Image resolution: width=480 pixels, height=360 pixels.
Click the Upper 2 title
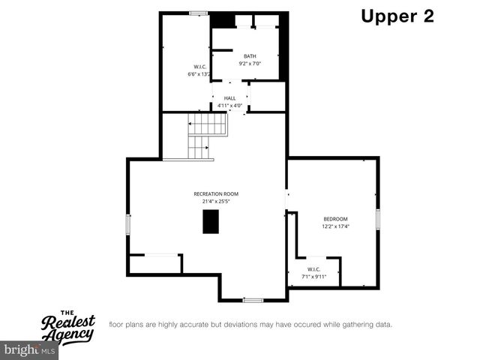pyautogui.click(x=397, y=16)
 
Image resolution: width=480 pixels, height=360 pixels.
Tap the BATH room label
pyautogui.click(x=250, y=56)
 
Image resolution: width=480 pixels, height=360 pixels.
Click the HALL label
pyautogui.click(x=229, y=98)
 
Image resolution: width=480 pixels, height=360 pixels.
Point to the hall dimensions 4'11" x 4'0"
pyautogui.click(x=229, y=106)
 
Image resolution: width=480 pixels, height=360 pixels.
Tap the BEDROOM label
pyautogui.click(x=336, y=218)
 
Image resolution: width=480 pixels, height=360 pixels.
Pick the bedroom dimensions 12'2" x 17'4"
pyautogui.click(x=336, y=226)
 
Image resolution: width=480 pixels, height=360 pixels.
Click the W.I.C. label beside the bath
pyautogui.click(x=199, y=67)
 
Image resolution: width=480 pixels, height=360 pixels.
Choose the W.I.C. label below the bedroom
pyautogui.click(x=313, y=269)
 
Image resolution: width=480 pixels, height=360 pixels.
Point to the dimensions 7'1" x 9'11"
pyautogui.click(x=313, y=277)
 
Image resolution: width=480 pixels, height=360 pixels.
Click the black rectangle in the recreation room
pyautogui.click(x=211, y=222)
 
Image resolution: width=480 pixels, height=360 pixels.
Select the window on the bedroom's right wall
pyautogui.click(x=379, y=219)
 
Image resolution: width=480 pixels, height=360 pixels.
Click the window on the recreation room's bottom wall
pyautogui.click(x=253, y=300)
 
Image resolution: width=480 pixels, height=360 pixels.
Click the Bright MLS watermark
pyautogui.click(x=30, y=350)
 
